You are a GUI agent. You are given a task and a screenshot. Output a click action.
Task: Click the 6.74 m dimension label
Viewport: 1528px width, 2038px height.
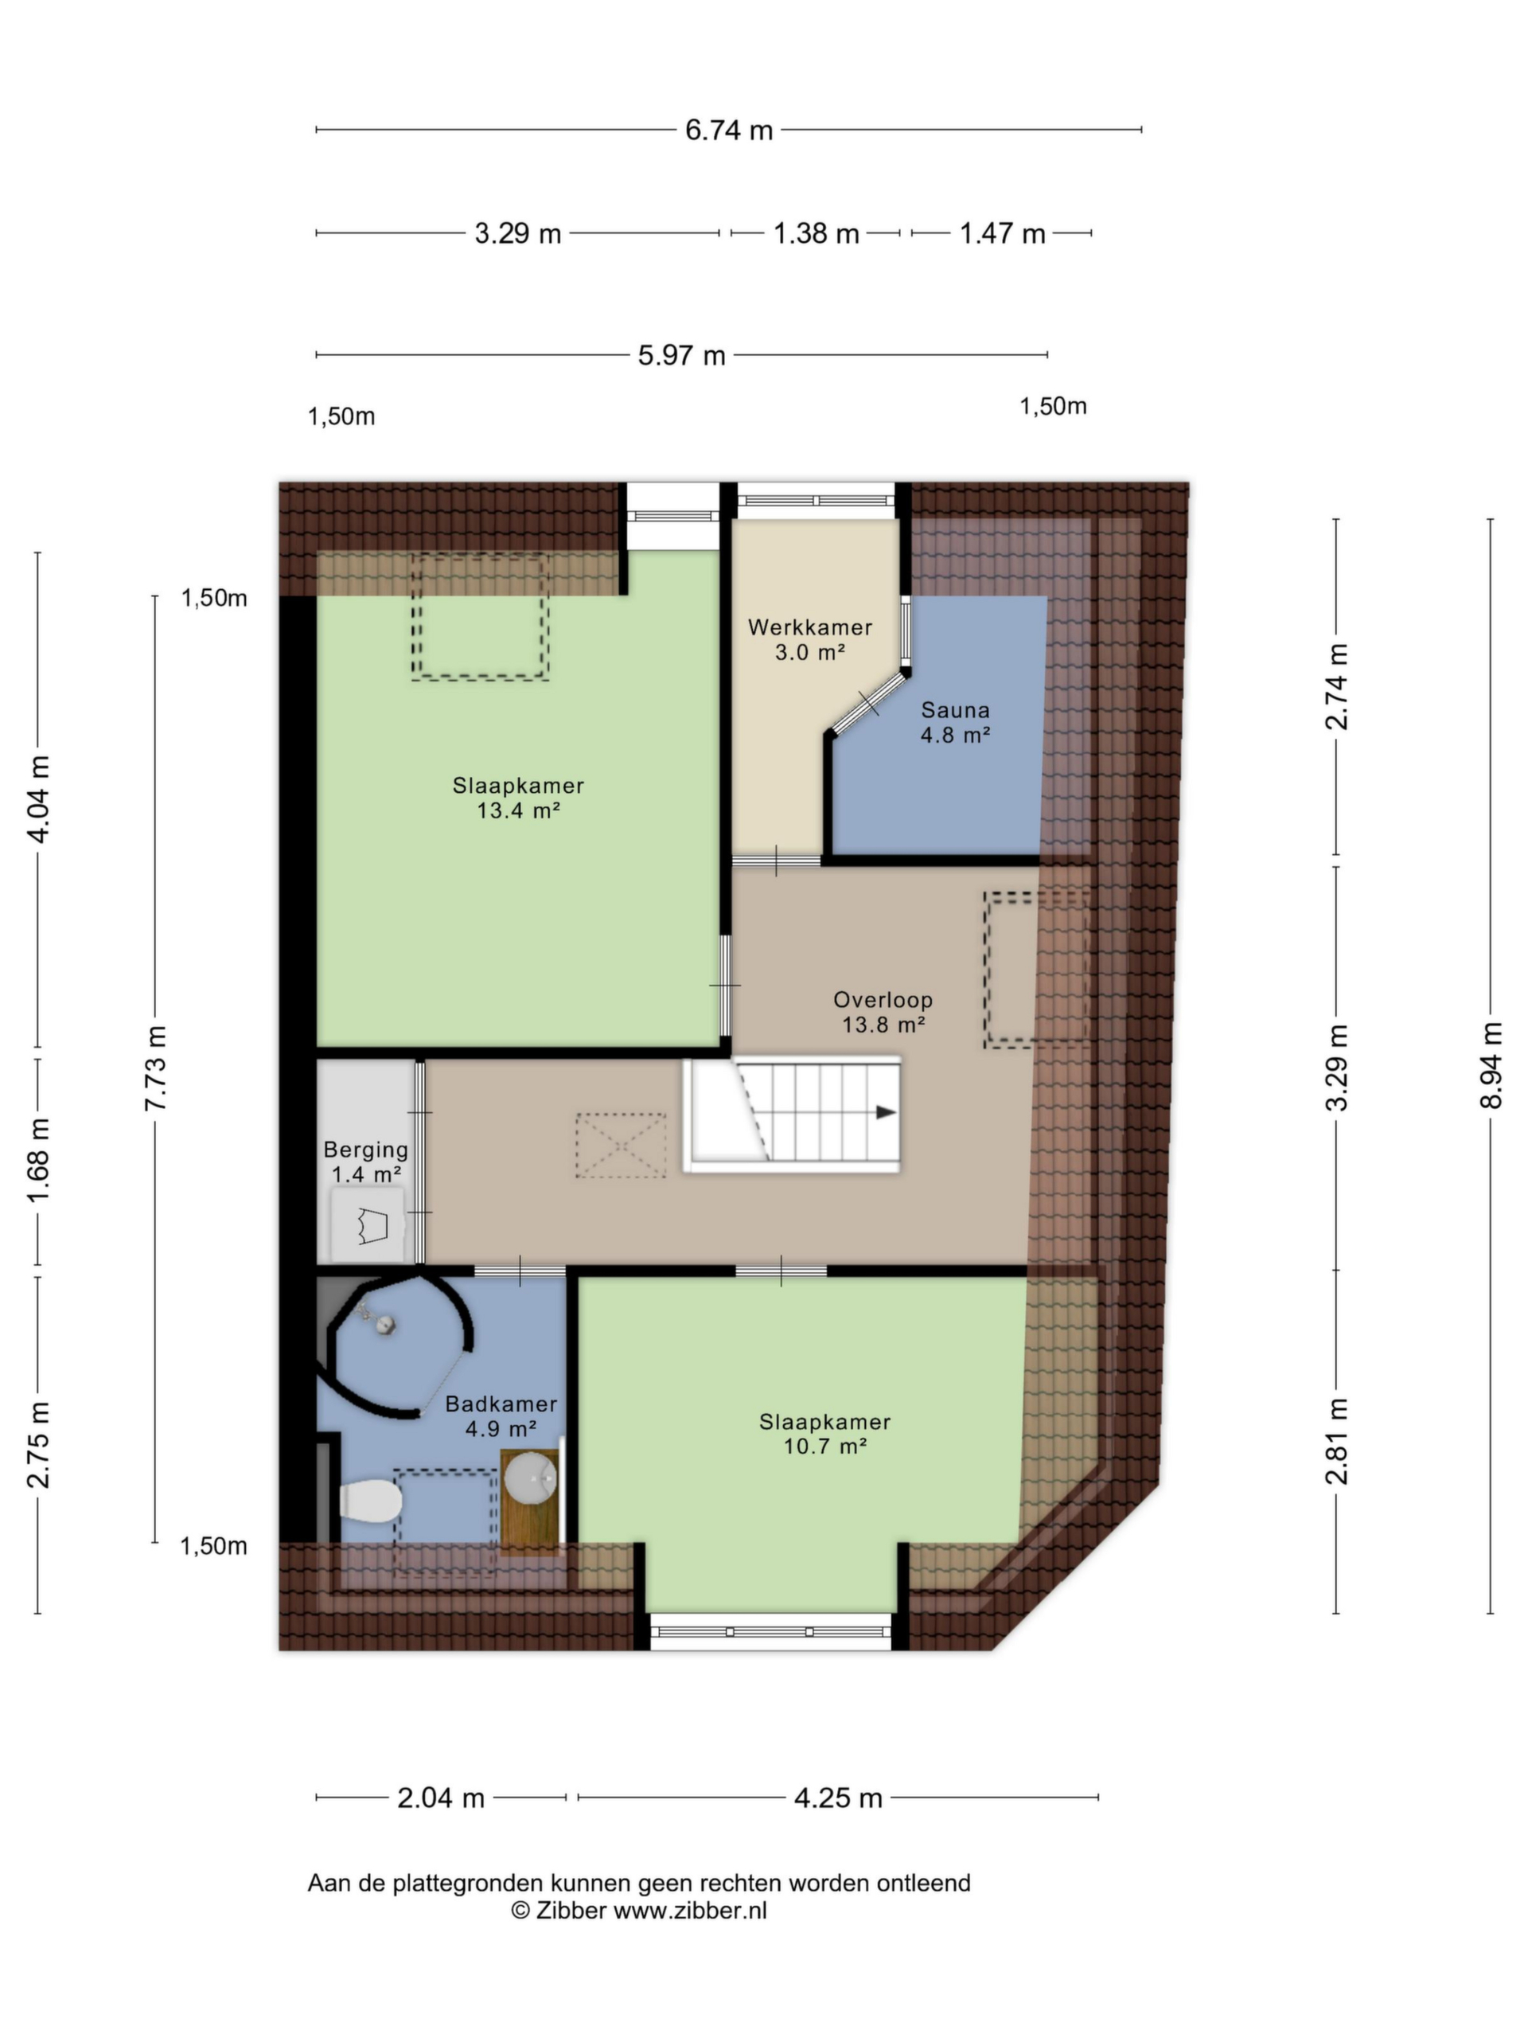pos(727,130)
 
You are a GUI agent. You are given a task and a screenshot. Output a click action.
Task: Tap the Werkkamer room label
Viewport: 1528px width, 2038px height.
pos(809,627)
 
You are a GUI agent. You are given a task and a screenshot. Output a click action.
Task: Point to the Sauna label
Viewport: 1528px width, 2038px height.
pos(955,710)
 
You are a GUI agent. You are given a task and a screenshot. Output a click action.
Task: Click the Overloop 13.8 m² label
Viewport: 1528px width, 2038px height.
pos(883,1012)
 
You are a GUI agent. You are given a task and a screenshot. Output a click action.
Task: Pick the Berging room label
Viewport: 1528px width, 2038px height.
pos(365,1150)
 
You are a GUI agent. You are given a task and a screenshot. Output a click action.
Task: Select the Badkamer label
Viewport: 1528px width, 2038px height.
pos(501,1404)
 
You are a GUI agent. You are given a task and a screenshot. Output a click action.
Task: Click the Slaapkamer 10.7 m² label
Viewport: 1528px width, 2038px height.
pos(824,1434)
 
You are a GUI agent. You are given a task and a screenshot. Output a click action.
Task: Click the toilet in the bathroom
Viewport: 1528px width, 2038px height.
pos(370,1501)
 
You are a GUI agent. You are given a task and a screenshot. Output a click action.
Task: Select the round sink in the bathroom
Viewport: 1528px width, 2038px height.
pos(531,1478)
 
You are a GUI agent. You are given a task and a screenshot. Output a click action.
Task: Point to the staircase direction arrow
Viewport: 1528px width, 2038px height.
pos(885,1112)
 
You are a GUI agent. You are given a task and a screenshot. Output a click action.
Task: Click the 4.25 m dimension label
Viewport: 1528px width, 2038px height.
pos(838,1798)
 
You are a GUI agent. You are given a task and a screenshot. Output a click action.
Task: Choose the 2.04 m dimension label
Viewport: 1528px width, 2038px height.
pos(440,1798)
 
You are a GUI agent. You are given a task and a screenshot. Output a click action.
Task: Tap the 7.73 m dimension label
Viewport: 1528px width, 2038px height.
pos(156,1068)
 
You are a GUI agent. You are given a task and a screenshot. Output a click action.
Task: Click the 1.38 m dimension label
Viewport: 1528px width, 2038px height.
pos(815,233)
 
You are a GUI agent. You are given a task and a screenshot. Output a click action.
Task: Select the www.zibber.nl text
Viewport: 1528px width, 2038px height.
pos(690,1910)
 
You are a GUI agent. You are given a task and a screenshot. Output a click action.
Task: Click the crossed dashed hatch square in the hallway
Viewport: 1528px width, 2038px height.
pos(621,1146)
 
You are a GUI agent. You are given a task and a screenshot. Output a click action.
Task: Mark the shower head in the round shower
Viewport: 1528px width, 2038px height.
pos(386,1325)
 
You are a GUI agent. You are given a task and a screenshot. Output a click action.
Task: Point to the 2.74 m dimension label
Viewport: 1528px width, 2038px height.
pos(1336,687)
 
